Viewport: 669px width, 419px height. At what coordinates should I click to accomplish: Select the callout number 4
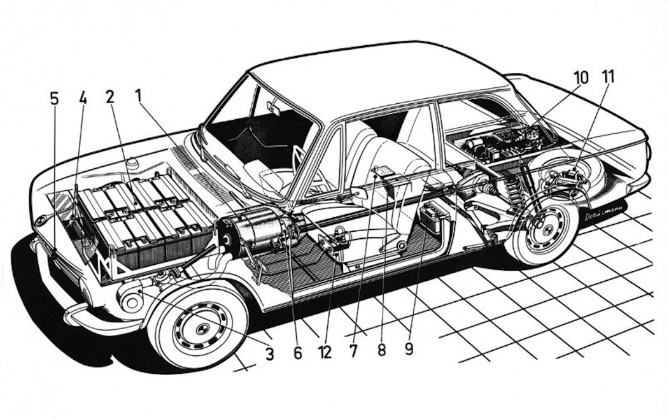[82, 99]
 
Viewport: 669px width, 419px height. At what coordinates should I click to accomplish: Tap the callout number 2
[110, 97]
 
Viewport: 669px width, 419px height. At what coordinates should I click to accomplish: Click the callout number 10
[580, 78]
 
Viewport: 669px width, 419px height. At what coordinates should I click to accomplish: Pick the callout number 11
[608, 78]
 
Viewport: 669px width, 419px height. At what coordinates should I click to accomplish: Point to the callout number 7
[354, 351]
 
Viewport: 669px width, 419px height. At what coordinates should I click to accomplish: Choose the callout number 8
[381, 351]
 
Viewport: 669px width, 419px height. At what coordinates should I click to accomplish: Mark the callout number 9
[408, 350]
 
